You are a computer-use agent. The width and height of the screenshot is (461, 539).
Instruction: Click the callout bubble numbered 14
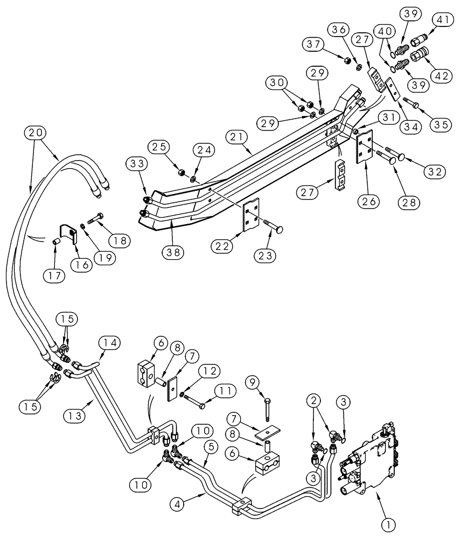click(x=109, y=342)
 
